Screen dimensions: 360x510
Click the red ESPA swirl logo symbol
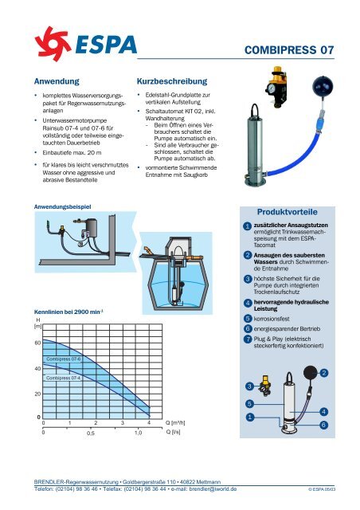click(x=53, y=44)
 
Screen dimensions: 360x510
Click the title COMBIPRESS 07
click(x=289, y=50)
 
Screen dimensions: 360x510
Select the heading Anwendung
click(x=57, y=81)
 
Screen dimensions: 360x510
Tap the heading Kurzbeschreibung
click(x=172, y=81)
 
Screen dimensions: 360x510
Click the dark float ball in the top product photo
click(x=323, y=85)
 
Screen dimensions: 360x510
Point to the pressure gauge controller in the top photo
click(x=276, y=87)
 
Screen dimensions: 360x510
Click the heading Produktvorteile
click(x=288, y=212)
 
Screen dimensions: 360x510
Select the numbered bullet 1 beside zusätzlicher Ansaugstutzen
click(x=248, y=226)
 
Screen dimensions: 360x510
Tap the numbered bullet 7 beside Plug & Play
click(x=248, y=339)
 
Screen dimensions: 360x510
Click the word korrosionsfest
click(x=272, y=319)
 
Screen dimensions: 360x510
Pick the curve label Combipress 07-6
click(x=64, y=359)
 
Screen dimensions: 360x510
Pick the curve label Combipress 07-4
click(x=64, y=378)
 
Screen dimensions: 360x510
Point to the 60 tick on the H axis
click(x=37, y=343)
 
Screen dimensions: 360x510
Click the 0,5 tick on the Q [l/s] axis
click(x=91, y=433)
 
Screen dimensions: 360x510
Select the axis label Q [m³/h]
click(x=175, y=423)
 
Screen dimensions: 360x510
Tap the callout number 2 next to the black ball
click(x=324, y=373)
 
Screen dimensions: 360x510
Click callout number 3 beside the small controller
click(x=249, y=386)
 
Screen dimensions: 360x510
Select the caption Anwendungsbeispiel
click(x=62, y=207)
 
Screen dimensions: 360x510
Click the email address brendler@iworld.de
click(x=213, y=488)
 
